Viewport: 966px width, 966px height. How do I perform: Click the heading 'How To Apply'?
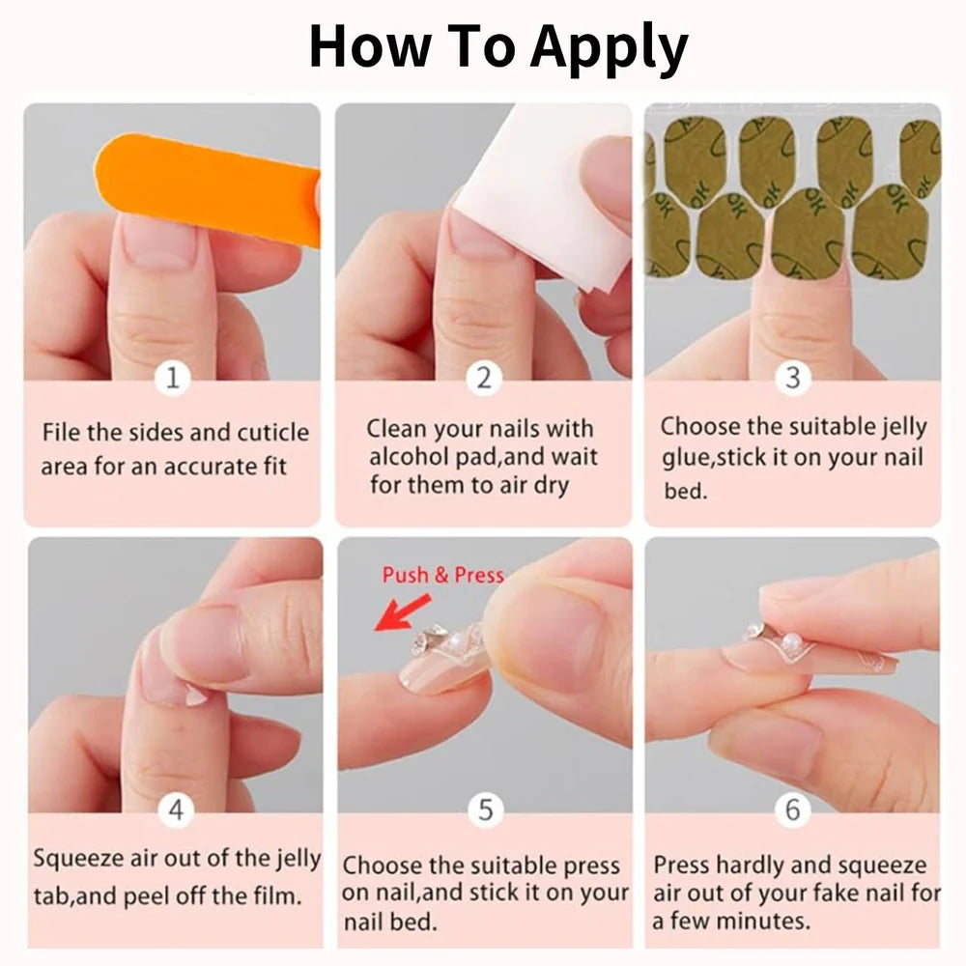click(497, 45)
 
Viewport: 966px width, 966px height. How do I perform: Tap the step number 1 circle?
click(172, 378)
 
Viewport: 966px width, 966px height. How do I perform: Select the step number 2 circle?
click(484, 378)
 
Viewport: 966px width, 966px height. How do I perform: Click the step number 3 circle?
click(792, 377)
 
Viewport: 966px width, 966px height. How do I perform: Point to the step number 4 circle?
click(175, 810)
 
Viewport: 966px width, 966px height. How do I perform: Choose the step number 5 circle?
click(485, 810)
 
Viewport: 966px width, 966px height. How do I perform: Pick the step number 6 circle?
click(792, 809)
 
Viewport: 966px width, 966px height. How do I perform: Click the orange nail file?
click(208, 187)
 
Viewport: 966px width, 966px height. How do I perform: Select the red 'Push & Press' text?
click(442, 575)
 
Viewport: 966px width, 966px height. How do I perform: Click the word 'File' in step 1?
click(61, 432)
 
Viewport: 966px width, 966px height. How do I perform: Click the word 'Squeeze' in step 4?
click(82, 858)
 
